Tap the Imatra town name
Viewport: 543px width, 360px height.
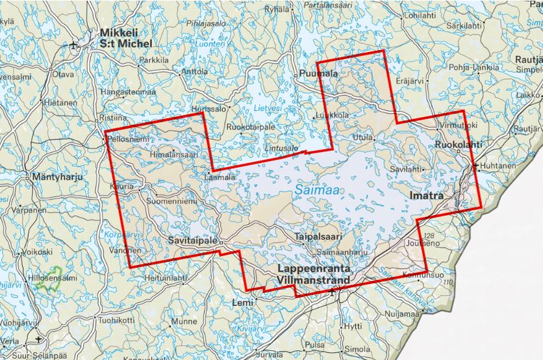click(x=426, y=195)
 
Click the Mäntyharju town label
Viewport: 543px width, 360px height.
click(x=55, y=176)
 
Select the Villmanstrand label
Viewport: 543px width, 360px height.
click(x=312, y=280)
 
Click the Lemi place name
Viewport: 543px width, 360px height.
click(x=242, y=303)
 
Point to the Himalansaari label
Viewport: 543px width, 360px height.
click(x=173, y=153)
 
